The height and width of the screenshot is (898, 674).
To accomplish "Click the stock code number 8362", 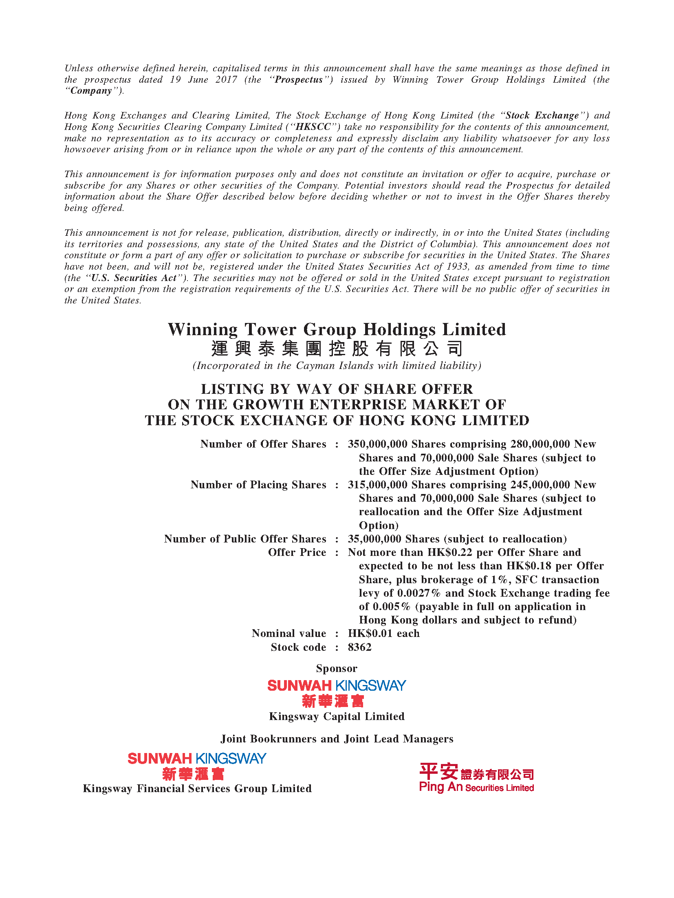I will click(x=359, y=647).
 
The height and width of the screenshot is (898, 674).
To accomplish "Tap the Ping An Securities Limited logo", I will click(x=476, y=777).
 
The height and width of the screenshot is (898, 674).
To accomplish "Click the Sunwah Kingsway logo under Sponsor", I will click(x=337, y=693).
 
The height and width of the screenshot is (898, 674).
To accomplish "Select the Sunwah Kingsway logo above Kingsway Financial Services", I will click(x=197, y=766).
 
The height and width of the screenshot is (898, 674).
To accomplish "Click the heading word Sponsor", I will click(x=337, y=668).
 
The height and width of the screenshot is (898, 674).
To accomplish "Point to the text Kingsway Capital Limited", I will click(x=337, y=716).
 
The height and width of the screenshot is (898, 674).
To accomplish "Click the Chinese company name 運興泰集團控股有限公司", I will click(x=337, y=349).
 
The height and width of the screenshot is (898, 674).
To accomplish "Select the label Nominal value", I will click(x=289, y=633).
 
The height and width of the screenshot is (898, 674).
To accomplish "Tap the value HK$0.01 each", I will click(x=383, y=633).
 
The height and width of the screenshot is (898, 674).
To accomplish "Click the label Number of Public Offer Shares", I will click(x=245, y=539).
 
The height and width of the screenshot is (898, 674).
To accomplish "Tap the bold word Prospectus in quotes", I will click(x=299, y=79).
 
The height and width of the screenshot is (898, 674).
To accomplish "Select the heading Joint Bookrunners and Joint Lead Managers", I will click(x=337, y=739).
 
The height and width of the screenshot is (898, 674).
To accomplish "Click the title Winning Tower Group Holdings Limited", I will click(x=337, y=329).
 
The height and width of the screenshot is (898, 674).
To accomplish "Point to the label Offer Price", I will click(x=297, y=552).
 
